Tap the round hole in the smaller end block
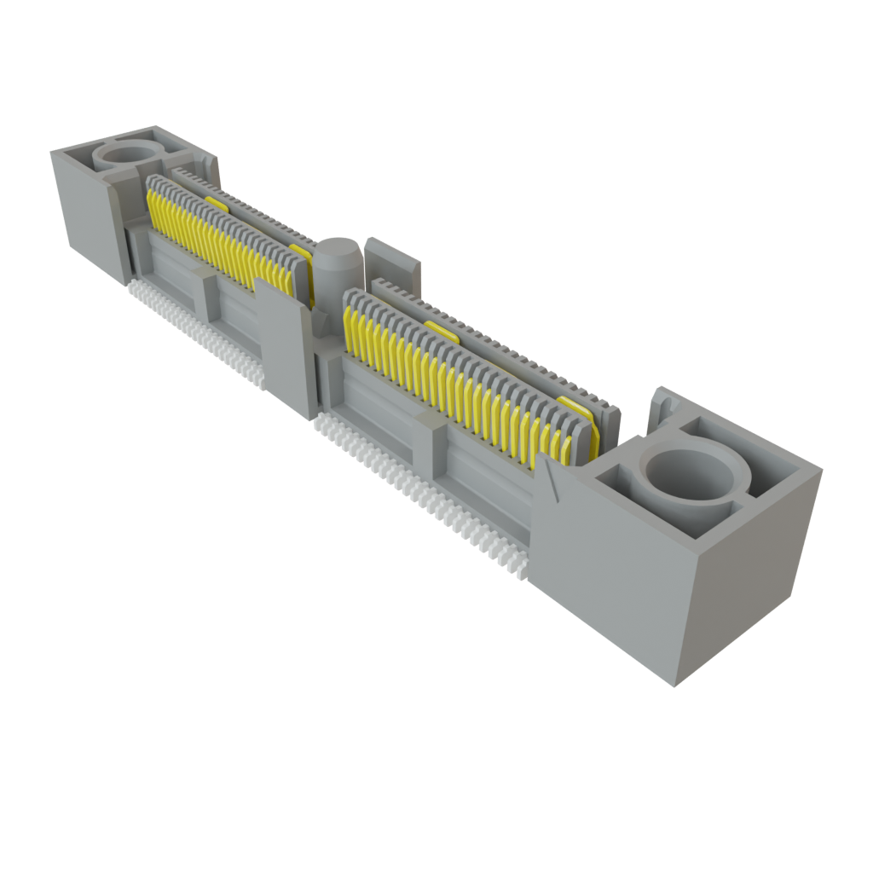130,153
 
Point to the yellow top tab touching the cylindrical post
301,252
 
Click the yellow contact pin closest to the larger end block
564,448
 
